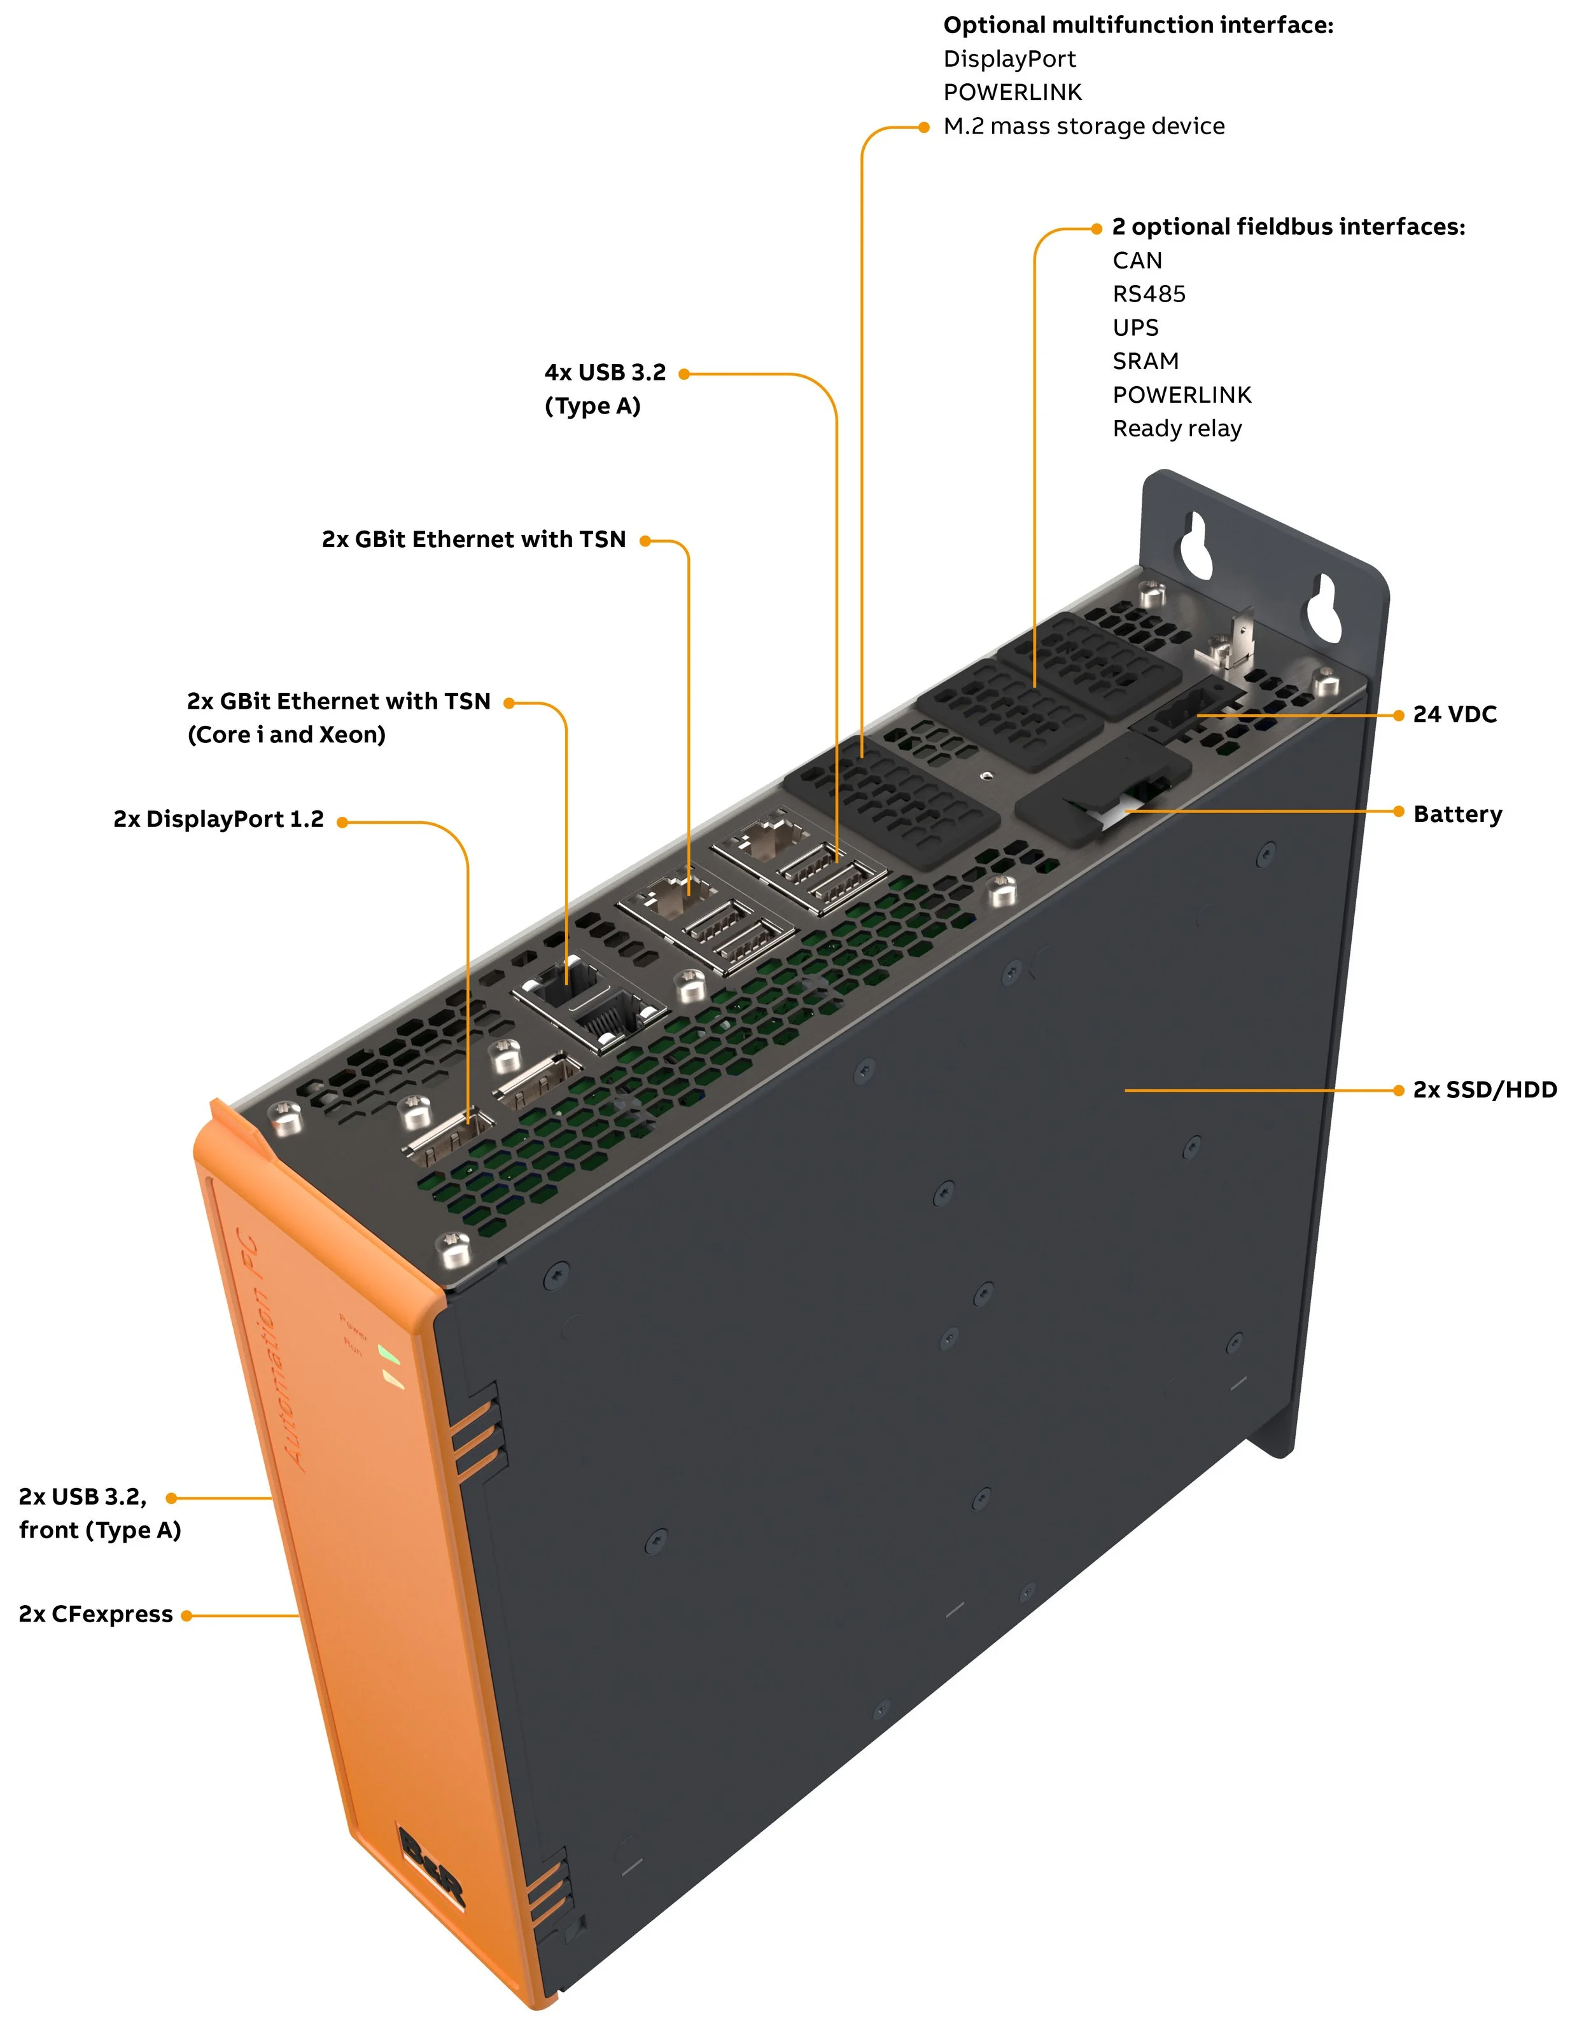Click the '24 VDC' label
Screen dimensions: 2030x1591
(1454, 714)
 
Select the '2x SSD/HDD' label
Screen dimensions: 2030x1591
(1484, 1090)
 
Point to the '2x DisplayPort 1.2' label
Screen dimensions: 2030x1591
(218, 819)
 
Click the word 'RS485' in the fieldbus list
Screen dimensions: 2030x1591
(1149, 295)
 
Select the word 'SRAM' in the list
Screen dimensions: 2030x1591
(1145, 361)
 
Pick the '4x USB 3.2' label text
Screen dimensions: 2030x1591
(605, 373)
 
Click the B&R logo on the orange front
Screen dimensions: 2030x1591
(430, 1867)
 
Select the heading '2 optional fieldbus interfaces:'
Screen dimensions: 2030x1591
(1287, 227)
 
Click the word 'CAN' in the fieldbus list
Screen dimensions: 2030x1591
(1137, 261)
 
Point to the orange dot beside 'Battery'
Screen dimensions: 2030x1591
(1398, 812)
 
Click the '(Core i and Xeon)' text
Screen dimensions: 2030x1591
(286, 735)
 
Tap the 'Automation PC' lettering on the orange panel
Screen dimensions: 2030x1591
(270, 1350)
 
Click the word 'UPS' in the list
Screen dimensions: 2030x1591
(1135, 328)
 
